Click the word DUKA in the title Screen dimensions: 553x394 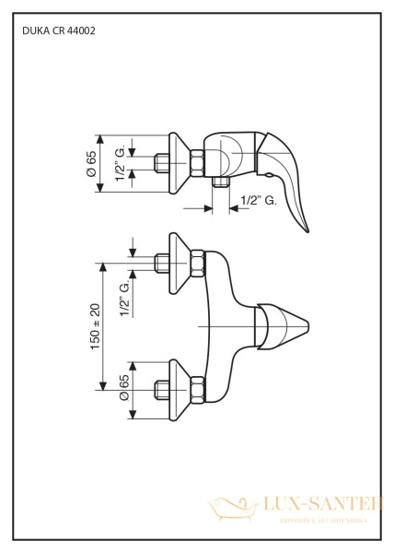tap(32, 30)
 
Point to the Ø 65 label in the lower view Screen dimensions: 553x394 tap(123, 386)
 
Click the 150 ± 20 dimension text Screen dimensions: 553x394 tap(95, 324)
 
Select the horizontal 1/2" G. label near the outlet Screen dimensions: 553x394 tap(258, 200)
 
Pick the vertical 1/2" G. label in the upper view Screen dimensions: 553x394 tap(120, 163)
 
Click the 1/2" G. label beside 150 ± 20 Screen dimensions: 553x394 tap(124, 300)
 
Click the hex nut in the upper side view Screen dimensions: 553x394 tap(196, 162)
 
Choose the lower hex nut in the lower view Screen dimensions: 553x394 tap(196, 387)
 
